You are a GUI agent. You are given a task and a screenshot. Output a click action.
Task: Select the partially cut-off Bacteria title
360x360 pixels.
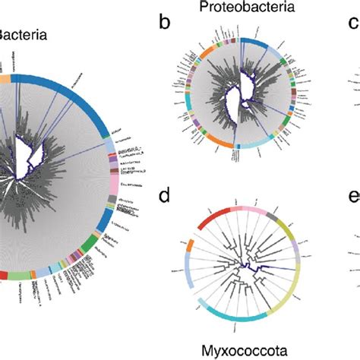(x=23, y=35)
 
